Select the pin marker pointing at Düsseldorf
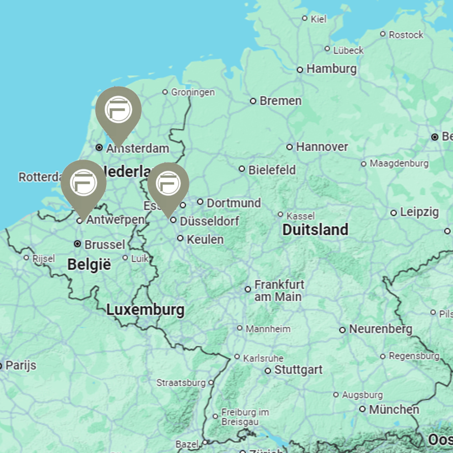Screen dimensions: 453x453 pyautogui.click(x=168, y=184)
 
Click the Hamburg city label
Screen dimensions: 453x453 pyautogui.click(x=331, y=69)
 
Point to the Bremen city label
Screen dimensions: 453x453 pyautogui.click(x=280, y=101)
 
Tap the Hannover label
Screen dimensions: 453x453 pyautogui.click(x=322, y=147)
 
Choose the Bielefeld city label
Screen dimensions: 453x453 pyautogui.click(x=272, y=169)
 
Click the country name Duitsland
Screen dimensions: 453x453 pyautogui.click(x=315, y=230)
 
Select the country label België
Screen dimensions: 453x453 pyautogui.click(x=89, y=264)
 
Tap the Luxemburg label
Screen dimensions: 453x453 pyautogui.click(x=145, y=309)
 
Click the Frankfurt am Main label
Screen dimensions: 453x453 pyautogui.click(x=279, y=290)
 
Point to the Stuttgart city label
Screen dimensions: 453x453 pyautogui.click(x=298, y=370)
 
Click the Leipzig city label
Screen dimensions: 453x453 pyautogui.click(x=419, y=212)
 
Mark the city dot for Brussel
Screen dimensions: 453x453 pyautogui.click(x=77, y=244)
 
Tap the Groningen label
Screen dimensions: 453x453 pyautogui.click(x=192, y=92)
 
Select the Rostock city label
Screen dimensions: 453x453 pyautogui.click(x=406, y=35)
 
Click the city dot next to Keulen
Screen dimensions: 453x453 pyautogui.click(x=180, y=238)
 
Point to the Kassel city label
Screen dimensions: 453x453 pyautogui.click(x=300, y=216)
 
